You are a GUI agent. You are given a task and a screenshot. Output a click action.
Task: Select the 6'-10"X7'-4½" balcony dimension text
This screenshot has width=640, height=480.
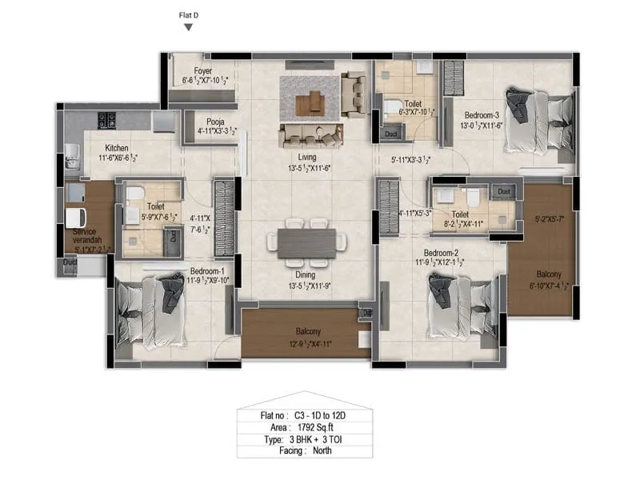pos(545,287)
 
